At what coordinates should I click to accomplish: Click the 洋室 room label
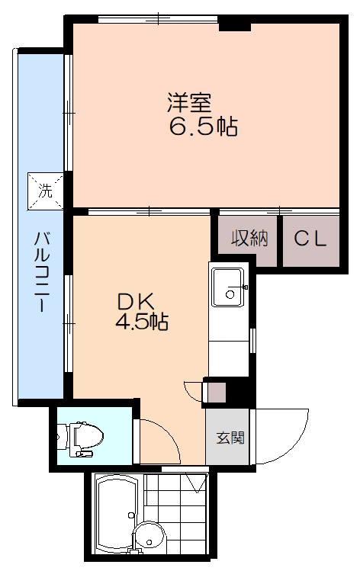click(189, 102)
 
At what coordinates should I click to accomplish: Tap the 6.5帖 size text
click(204, 127)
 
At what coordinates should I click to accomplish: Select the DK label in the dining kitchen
click(136, 301)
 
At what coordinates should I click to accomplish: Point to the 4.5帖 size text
click(142, 321)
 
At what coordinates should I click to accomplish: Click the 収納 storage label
click(250, 239)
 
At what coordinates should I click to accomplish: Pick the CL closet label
click(310, 239)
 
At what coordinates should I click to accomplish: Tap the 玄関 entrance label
click(230, 437)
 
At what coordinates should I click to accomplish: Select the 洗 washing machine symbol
click(46, 191)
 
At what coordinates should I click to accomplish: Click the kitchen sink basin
click(229, 287)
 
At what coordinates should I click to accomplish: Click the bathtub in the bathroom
click(117, 514)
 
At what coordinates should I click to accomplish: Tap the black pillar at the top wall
click(235, 24)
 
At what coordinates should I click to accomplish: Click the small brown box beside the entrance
click(217, 393)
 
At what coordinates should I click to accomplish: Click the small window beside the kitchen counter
click(253, 341)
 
